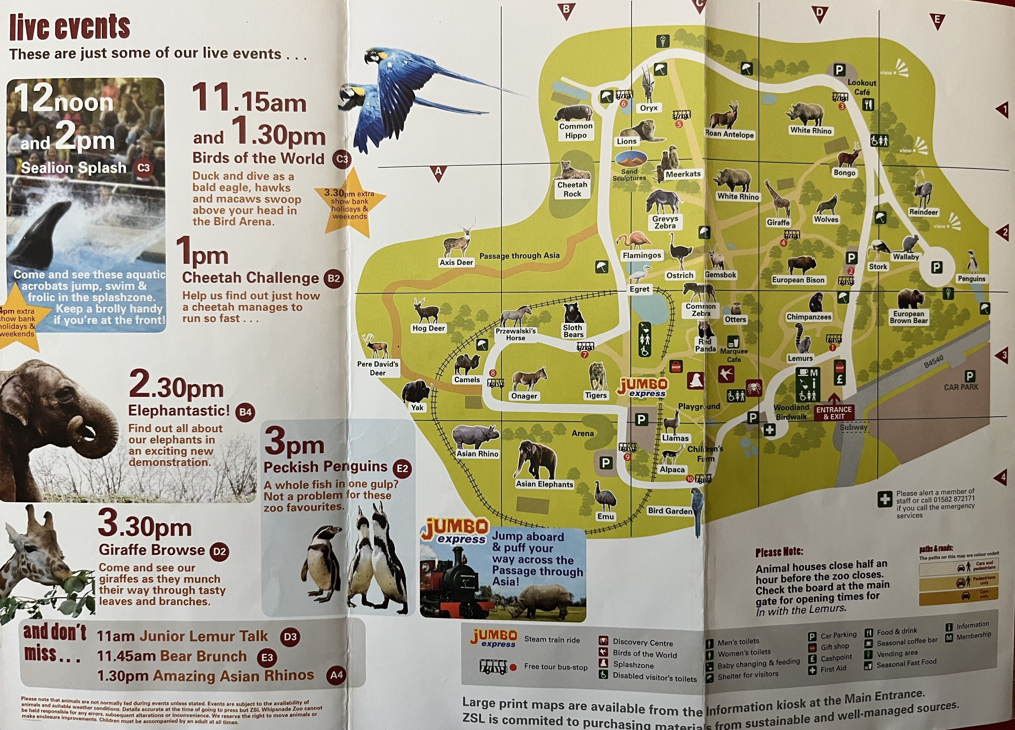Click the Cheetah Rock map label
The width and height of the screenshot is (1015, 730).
572,189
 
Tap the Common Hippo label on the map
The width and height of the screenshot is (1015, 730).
575,131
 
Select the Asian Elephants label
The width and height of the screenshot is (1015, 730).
544,484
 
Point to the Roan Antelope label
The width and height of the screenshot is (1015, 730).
729,134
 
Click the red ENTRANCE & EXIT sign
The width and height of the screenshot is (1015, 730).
834,413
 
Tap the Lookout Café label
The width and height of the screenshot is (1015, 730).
862,87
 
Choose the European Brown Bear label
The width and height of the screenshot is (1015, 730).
909,317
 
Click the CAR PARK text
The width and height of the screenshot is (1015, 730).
961,387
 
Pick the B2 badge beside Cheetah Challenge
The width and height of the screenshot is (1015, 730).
334,278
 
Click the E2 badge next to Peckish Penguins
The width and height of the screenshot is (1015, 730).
402,469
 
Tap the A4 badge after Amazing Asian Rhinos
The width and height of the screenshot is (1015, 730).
336,675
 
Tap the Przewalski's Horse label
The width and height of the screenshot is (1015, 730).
516,334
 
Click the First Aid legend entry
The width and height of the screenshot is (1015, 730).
833,669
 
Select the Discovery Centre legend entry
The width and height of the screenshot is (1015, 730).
643,643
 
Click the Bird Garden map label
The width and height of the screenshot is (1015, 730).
670,511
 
